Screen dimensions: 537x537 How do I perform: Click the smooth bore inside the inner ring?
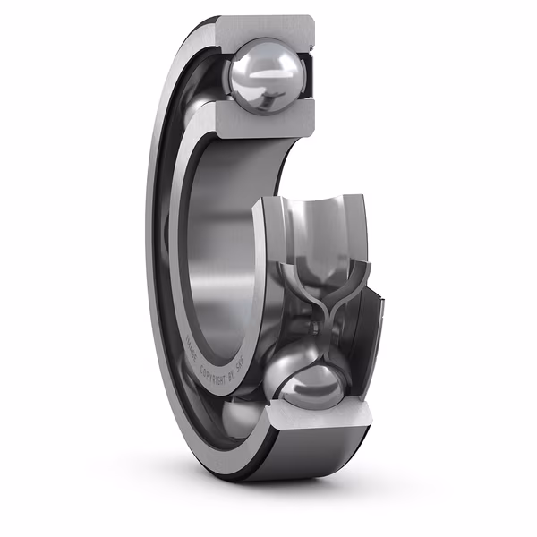click(x=215, y=242)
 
